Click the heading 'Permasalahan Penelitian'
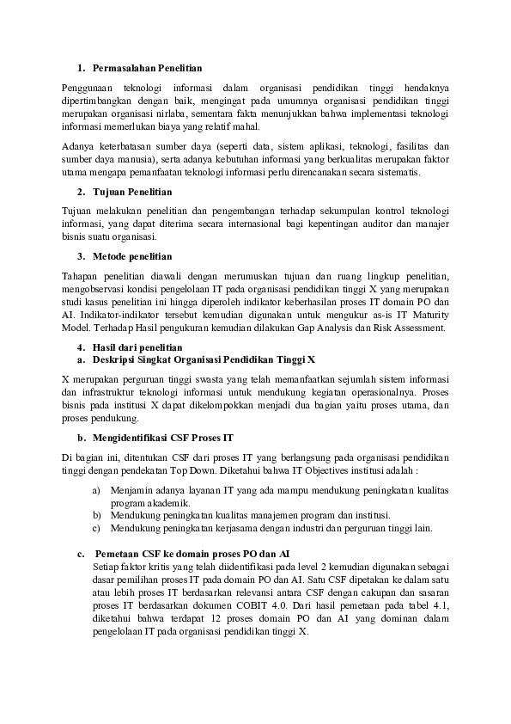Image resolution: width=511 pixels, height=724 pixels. (x=147, y=67)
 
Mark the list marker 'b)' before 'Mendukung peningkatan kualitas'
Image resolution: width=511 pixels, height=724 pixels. (x=96, y=514)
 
